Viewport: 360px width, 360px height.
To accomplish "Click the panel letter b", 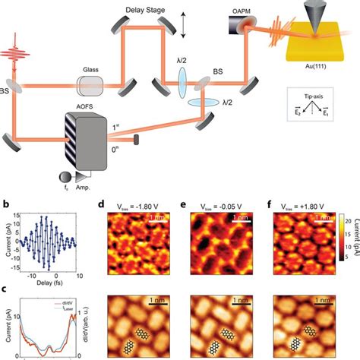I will click(6, 204).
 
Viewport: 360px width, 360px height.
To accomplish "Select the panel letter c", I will click(6, 287).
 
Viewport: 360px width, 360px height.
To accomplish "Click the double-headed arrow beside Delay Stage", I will click(182, 23).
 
